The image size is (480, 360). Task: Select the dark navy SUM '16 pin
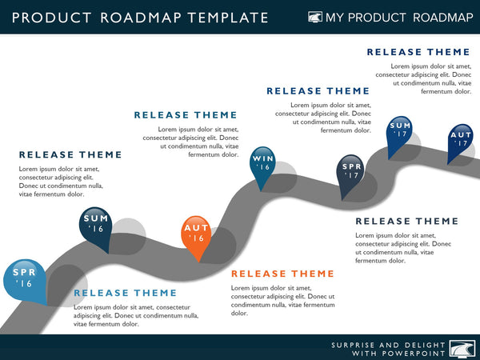(96, 224)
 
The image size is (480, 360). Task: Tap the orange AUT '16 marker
(196, 234)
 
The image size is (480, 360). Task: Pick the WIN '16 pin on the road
(263, 164)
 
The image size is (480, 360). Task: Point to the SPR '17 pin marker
(353, 171)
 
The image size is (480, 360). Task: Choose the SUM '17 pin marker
(400, 130)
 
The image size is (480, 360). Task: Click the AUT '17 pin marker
(461, 139)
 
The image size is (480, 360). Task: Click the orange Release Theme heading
(282, 274)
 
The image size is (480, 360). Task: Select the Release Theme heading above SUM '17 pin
(418, 52)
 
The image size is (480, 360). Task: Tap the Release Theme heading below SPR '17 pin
(407, 221)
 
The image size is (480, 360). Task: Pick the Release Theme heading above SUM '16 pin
(70, 154)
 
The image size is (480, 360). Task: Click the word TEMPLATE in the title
(233, 18)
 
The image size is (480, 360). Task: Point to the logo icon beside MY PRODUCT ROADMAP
(316, 17)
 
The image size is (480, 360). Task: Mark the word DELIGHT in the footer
(418, 345)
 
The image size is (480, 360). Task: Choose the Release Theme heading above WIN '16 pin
(186, 115)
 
